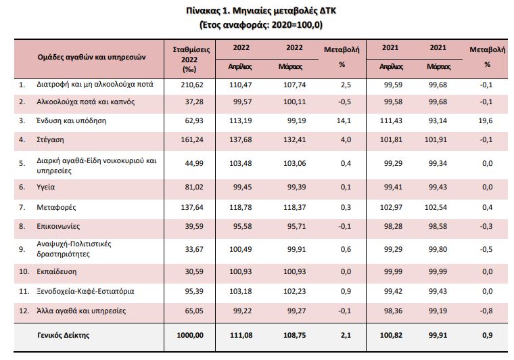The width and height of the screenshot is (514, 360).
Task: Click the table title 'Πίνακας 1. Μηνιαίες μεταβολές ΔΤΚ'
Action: [x=256, y=11]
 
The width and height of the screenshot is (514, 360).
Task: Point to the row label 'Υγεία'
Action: [x=47, y=184]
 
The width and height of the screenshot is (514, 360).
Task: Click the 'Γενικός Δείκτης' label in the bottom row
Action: [x=64, y=335]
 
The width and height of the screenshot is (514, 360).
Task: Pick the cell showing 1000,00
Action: [x=188, y=335]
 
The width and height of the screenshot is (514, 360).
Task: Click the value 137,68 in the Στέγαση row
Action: [x=241, y=141]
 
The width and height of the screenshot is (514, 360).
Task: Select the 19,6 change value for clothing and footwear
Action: [x=486, y=122]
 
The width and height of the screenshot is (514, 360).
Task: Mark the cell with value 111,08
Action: [x=241, y=335]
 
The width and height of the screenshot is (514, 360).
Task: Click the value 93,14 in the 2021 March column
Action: [x=439, y=122]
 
